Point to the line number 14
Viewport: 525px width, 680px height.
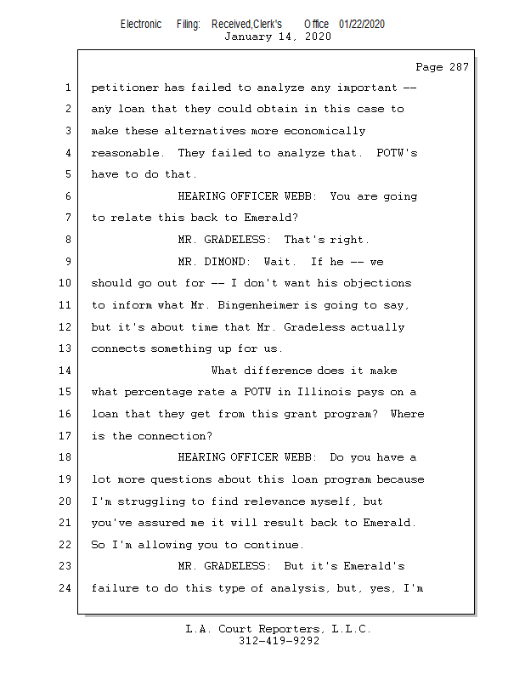[x=66, y=371]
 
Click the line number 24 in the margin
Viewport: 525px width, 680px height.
[x=66, y=587]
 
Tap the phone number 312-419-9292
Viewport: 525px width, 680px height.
[x=279, y=641]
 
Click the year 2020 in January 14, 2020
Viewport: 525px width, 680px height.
[x=316, y=37]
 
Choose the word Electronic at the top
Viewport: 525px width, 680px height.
[x=141, y=24]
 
